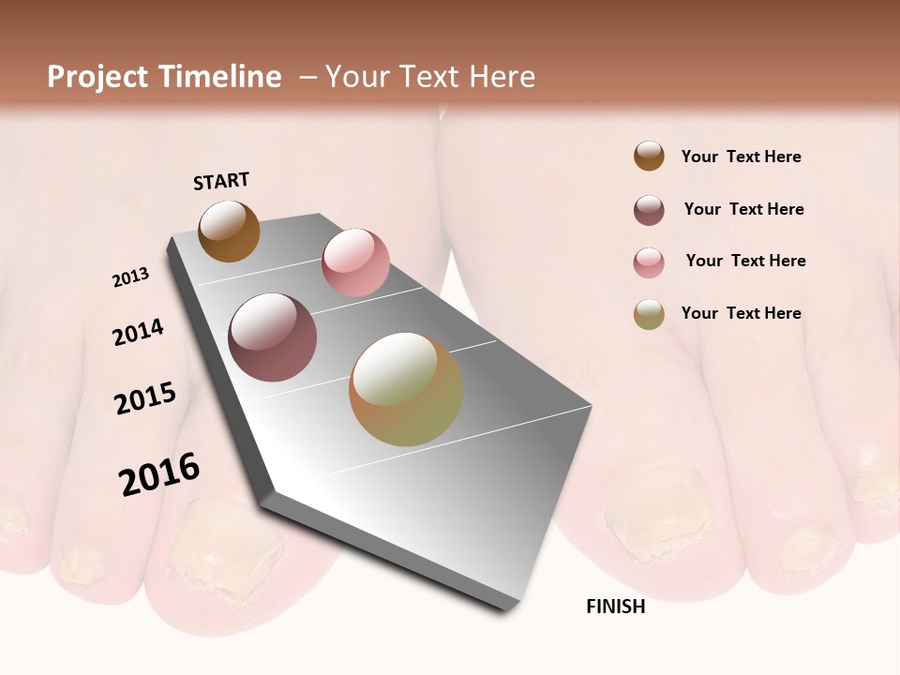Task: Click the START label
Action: click(221, 181)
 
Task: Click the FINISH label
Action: click(616, 607)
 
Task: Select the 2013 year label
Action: click(131, 277)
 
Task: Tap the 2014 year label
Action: click(139, 332)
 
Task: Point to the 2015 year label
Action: click(145, 398)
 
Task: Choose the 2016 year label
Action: click(159, 473)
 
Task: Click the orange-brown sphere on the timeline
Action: click(230, 231)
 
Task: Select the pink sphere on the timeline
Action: click(355, 262)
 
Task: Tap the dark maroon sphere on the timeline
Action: click(272, 337)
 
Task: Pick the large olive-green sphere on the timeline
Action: click(406, 388)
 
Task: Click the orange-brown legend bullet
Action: click(649, 157)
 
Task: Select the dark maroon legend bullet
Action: click(649, 210)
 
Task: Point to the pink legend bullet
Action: click(649, 262)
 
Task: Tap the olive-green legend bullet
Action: click(649, 314)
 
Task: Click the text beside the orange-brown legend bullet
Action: click(741, 157)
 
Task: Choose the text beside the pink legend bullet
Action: click(745, 261)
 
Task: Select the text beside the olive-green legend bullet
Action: click(741, 313)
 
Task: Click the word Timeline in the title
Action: click(219, 77)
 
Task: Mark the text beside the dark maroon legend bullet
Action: click(743, 209)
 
